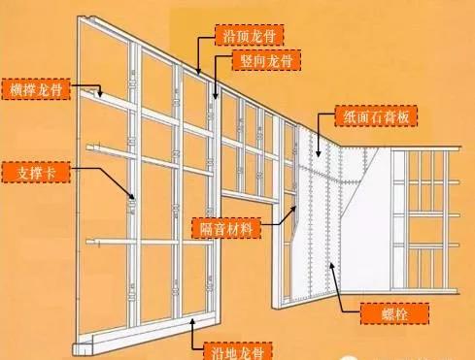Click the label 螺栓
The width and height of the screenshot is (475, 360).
(x=375, y=311)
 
